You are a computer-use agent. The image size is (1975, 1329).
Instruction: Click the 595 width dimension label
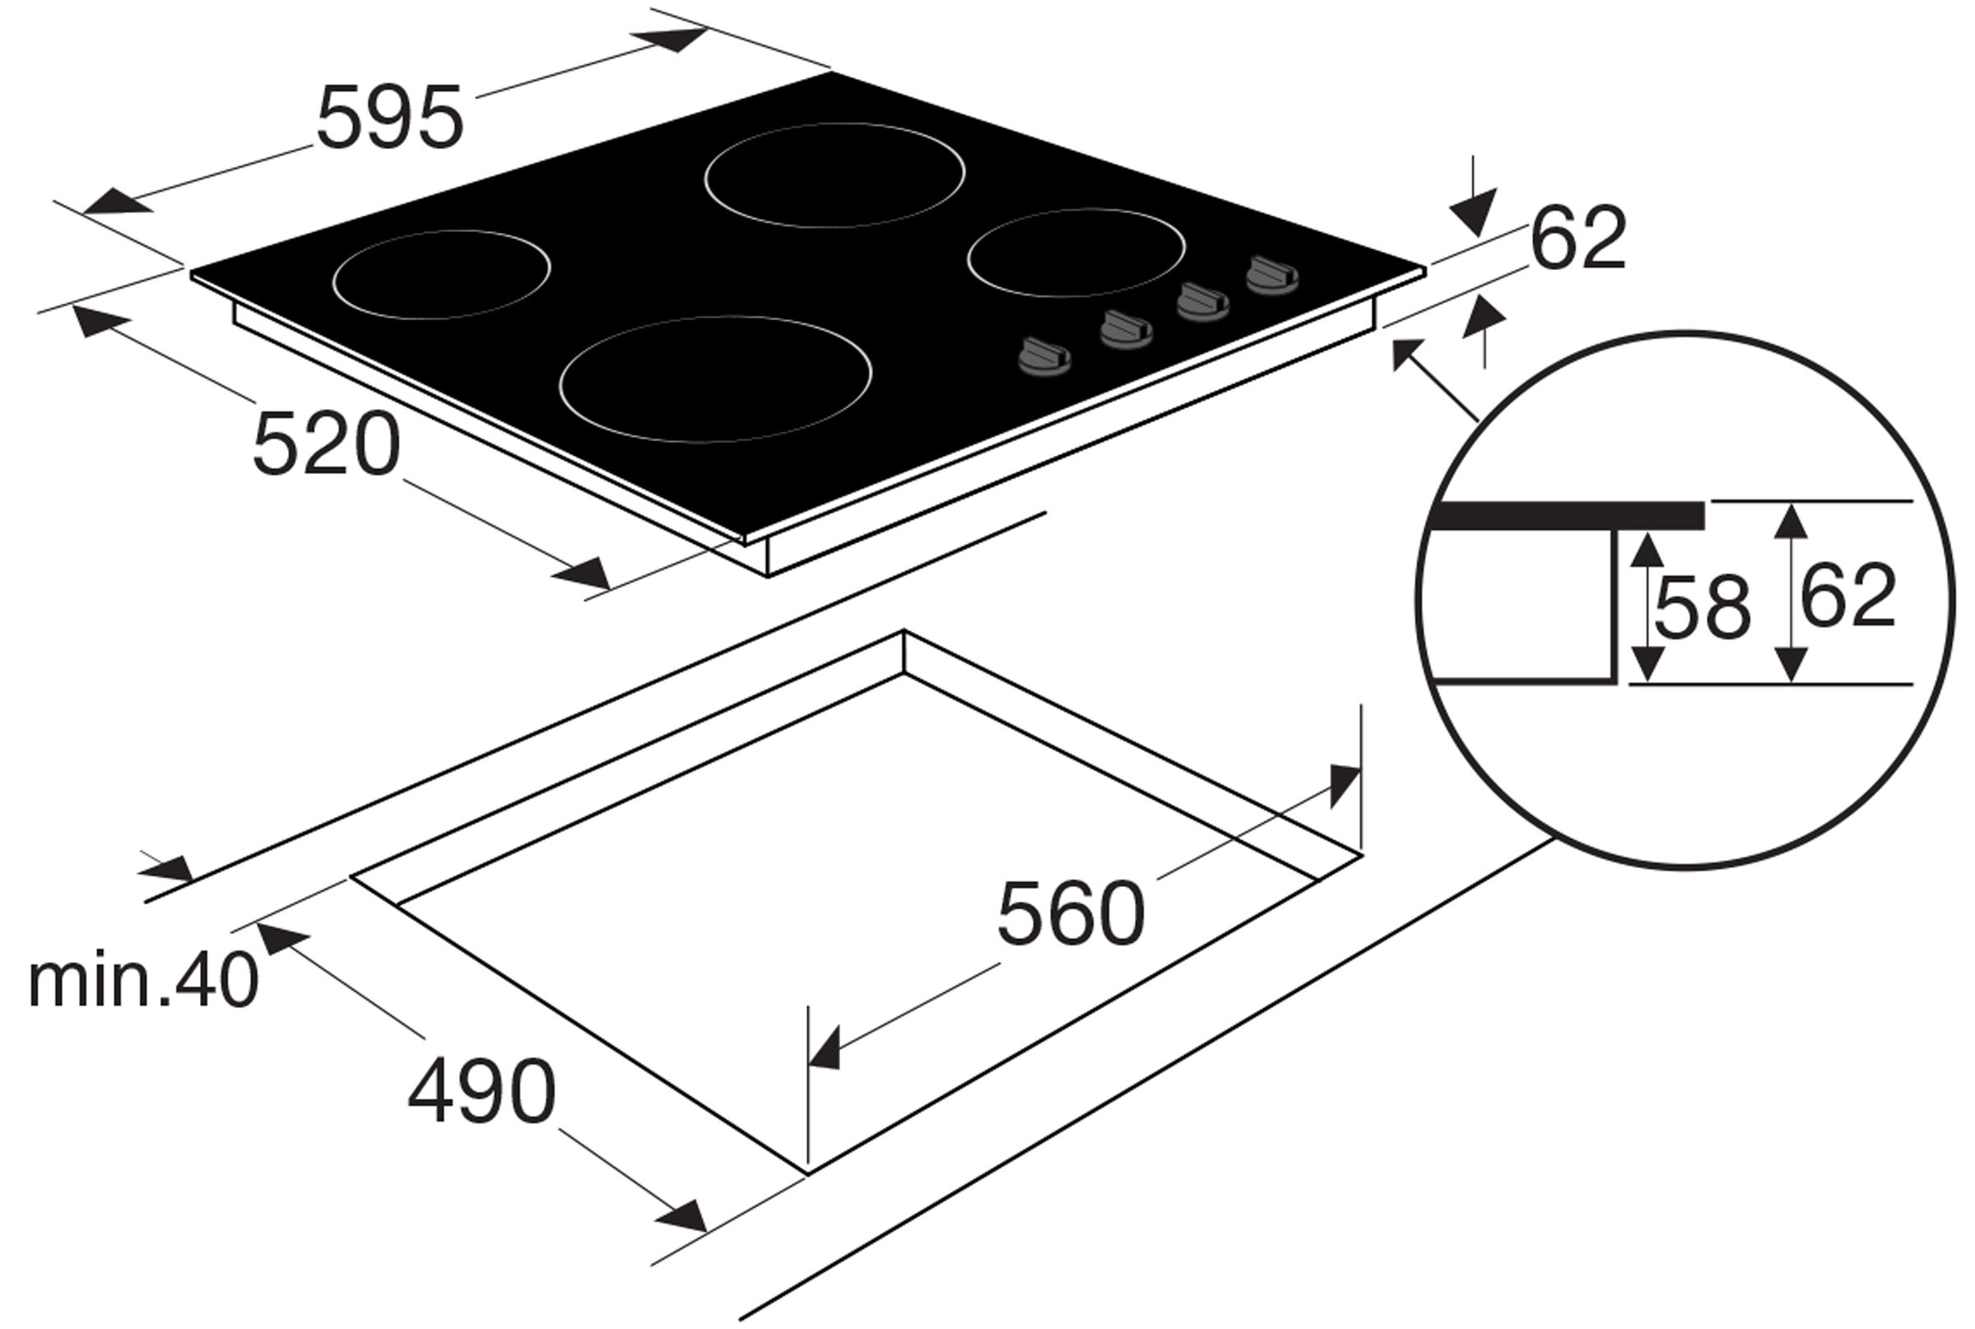[x=390, y=118]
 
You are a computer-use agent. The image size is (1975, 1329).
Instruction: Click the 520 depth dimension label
[x=327, y=444]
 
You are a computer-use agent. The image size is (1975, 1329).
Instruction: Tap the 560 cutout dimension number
[x=1071, y=913]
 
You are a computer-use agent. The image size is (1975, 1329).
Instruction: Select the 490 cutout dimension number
[x=481, y=1091]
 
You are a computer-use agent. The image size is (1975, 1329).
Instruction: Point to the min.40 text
[x=142, y=981]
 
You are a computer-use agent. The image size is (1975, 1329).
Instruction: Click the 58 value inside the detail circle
[x=1702, y=607]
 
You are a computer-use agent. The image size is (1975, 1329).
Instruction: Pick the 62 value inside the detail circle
[x=1847, y=597]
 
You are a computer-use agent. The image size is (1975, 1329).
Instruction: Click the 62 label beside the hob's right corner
[x=1578, y=238]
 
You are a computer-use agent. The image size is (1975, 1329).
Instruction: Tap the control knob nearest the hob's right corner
[x=1271, y=276]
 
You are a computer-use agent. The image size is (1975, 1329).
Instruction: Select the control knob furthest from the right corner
[x=1044, y=356]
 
